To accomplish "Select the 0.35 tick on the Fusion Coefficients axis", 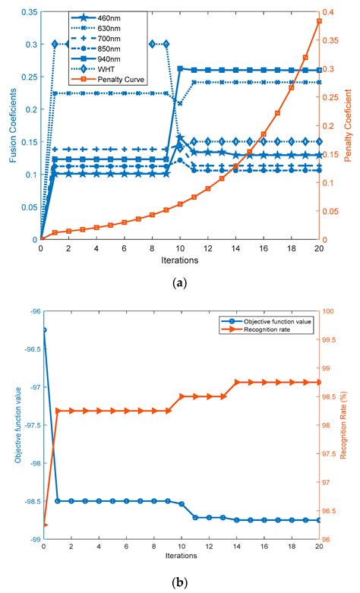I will coord(28,13).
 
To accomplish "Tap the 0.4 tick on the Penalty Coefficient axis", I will coord(331,13).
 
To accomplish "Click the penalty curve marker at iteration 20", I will coord(319,21).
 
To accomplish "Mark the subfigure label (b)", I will coord(180,583).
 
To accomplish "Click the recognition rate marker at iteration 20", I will coord(319,382).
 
